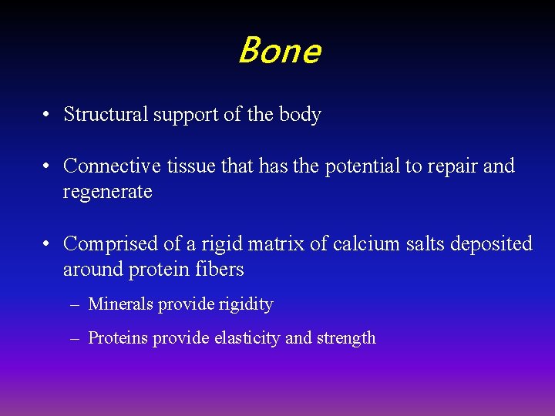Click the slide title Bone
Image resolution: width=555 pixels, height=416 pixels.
[278, 52]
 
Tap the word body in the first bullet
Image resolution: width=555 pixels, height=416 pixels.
[301, 115]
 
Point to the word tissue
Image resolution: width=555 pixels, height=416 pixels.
[181, 166]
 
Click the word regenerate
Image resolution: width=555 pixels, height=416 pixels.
[108, 193]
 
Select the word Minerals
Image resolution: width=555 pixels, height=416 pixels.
[121, 304]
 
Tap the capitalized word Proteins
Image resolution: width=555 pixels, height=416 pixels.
[118, 338]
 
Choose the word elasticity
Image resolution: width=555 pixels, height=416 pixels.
[245, 338]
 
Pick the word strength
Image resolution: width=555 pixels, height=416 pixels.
[345, 338]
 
